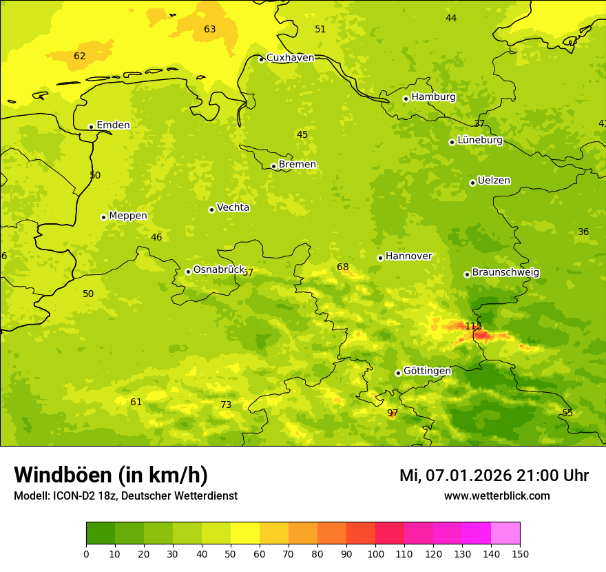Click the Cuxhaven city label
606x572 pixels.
290,58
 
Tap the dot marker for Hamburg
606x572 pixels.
406,99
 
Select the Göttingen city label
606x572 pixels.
427,371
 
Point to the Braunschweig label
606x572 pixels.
505,272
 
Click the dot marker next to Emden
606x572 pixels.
91,127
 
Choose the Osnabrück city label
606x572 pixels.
219,269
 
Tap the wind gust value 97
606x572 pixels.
393,413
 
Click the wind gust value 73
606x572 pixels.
226,405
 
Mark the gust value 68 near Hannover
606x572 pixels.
343,267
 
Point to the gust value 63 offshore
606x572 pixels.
210,30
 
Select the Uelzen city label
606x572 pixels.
494,181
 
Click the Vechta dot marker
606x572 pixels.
211,210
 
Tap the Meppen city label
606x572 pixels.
128,216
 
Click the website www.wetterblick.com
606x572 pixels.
497,496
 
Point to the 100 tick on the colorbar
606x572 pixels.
375,553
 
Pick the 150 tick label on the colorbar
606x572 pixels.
520,553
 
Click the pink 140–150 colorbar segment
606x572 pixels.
505,533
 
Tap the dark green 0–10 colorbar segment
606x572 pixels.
101,533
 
